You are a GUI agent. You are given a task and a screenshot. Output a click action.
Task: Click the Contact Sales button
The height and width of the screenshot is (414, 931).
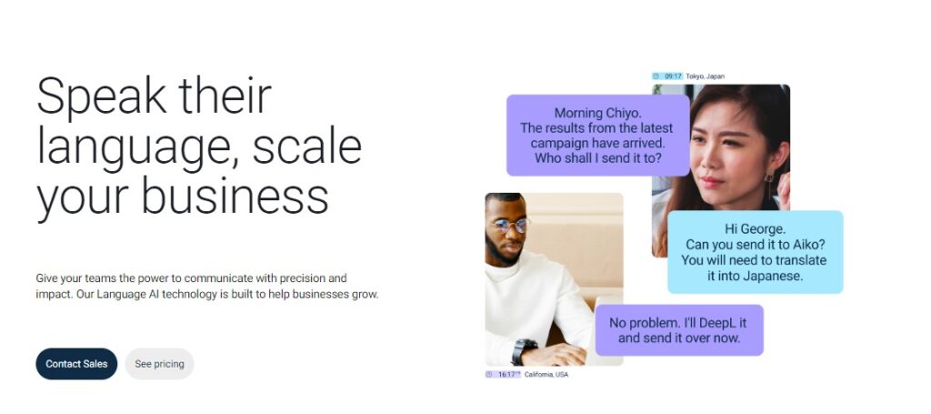(76, 364)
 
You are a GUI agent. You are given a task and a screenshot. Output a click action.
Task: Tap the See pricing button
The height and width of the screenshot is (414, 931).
(159, 364)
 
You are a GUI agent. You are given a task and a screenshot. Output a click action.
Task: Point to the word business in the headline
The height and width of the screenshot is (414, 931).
(235, 196)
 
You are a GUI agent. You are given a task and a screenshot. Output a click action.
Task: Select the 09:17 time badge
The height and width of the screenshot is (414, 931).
(667, 76)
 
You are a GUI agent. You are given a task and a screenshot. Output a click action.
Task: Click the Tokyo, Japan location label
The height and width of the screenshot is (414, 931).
(705, 76)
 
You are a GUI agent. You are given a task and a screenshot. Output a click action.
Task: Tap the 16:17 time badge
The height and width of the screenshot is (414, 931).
(503, 374)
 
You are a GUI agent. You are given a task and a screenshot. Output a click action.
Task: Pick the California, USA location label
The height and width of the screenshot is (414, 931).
(546, 374)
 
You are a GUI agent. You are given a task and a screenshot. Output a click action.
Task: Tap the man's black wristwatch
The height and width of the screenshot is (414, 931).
(524, 350)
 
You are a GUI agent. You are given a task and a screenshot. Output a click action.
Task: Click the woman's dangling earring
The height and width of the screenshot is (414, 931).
(769, 183)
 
